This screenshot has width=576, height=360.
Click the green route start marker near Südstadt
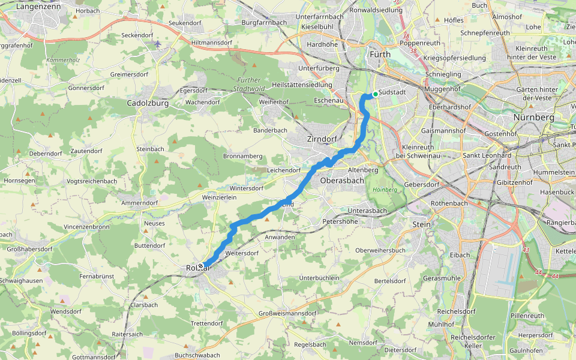tap(375, 94)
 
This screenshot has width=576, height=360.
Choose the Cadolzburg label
tap(148, 103)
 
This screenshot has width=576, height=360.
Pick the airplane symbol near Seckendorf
tap(158, 44)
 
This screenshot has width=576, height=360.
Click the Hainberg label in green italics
tap(385, 190)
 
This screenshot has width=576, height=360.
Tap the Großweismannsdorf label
tap(287, 313)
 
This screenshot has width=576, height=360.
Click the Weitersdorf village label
tap(242, 253)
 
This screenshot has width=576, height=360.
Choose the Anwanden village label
tap(280, 237)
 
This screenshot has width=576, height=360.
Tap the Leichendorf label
tap(284, 170)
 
